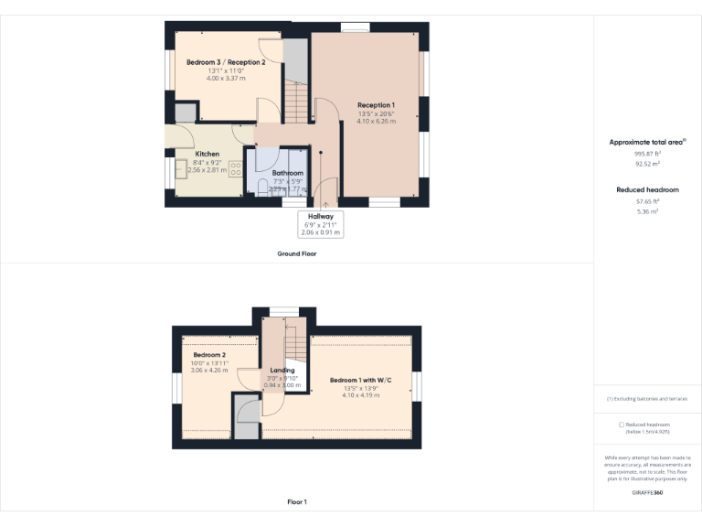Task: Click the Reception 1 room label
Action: point(376,105)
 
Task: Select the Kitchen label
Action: point(207,154)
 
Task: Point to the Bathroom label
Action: point(287,172)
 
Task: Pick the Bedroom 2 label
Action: point(210,355)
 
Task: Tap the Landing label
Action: point(282,371)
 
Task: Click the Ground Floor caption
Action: point(297,253)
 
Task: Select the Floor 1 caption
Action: point(297,502)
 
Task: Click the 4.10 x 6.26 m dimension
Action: point(376,121)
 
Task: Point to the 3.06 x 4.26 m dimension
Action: point(210,370)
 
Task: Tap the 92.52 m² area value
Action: point(647,164)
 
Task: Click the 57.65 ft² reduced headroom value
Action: point(647,200)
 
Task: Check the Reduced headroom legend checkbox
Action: point(622,425)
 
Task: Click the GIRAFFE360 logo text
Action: point(647,493)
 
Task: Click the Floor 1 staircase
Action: point(294,349)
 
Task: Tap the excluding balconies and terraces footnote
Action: point(647,399)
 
